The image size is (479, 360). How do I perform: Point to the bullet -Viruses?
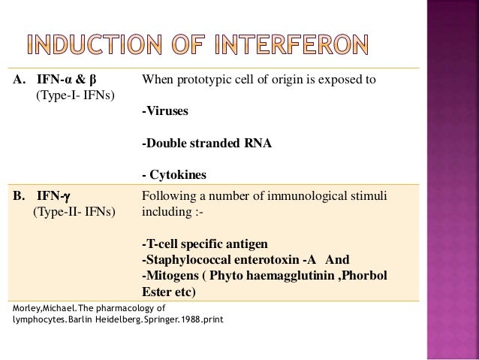(166, 112)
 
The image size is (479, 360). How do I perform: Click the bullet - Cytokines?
(174, 175)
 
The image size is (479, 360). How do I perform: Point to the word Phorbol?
(365, 275)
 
